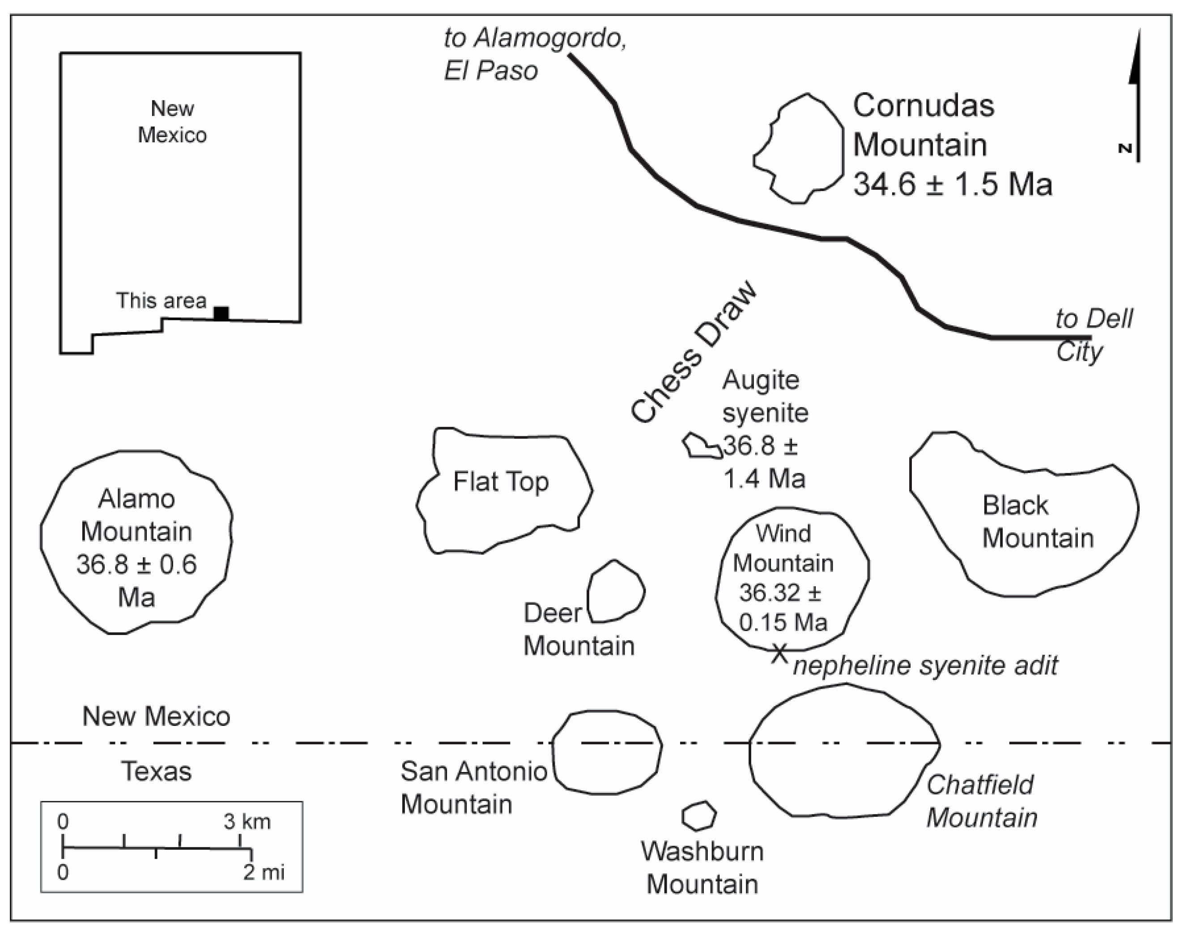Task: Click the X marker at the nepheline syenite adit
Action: pyautogui.click(x=779, y=653)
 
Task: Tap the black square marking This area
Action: pyautogui.click(x=221, y=313)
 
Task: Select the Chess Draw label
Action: pyautogui.click(x=693, y=353)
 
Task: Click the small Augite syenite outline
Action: pyautogui.click(x=702, y=447)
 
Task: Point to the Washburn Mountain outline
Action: pyautogui.click(x=698, y=816)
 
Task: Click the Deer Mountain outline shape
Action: pyautogui.click(x=616, y=592)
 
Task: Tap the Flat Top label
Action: pyautogui.click(x=501, y=482)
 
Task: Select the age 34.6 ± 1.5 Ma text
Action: pyautogui.click(x=952, y=184)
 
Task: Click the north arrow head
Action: pyautogui.click(x=1135, y=60)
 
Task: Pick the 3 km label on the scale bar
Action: pyautogui.click(x=247, y=821)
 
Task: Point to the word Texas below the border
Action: pyautogui.click(x=156, y=771)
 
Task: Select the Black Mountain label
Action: pyautogui.click(x=1037, y=522)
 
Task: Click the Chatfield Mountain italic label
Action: pyautogui.click(x=981, y=801)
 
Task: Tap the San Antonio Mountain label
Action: pyautogui.click(x=473, y=788)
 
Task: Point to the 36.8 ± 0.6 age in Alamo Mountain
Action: pyautogui.click(x=136, y=564)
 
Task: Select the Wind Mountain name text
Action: pyautogui.click(x=783, y=548)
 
